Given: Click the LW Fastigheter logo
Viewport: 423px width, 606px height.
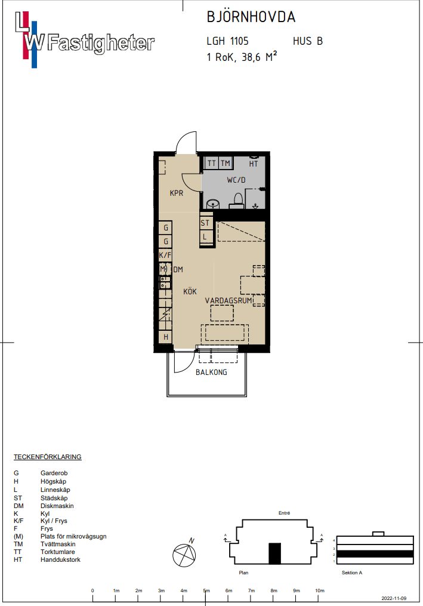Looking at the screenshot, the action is [85, 40].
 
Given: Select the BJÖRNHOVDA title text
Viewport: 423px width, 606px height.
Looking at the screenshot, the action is [251, 17].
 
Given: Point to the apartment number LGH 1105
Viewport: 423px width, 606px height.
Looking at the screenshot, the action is [227, 41].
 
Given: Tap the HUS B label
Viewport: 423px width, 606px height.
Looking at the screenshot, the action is [307, 41].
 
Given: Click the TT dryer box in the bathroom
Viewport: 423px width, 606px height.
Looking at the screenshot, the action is [211, 163].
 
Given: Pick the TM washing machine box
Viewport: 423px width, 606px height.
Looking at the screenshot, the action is [226, 163].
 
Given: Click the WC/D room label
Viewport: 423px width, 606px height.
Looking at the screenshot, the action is [236, 180].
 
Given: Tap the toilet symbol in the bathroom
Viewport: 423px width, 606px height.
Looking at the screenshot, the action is [239, 201].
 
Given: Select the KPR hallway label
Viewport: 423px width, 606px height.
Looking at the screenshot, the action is [177, 193].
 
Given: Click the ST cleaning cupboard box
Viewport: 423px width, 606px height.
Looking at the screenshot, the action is [205, 223].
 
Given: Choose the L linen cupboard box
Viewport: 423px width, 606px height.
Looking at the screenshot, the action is [205, 236].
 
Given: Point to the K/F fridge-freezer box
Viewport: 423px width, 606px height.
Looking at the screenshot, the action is [165, 255].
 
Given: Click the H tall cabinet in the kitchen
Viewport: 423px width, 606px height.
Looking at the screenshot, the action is [166, 337].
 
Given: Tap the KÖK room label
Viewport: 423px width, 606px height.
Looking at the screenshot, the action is [190, 291].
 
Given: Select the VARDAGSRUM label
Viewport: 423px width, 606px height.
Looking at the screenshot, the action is [229, 300].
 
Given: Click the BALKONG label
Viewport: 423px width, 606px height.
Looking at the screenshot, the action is [211, 372].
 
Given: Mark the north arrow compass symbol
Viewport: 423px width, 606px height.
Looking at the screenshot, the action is [184, 553].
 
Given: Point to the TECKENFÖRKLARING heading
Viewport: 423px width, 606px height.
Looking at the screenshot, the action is [48, 457].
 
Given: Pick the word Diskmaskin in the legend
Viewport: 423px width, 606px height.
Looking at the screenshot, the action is [57, 506].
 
